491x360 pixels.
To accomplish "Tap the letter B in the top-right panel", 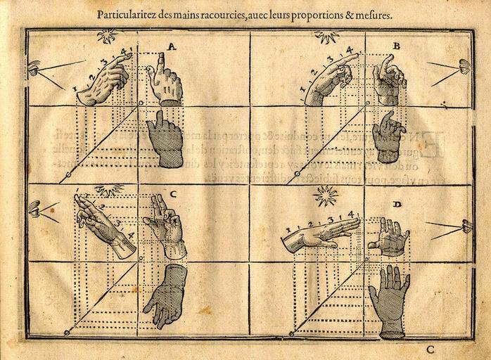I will [396, 46].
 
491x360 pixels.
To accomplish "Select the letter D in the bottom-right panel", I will [397, 205].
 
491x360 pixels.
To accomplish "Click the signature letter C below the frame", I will [430, 348].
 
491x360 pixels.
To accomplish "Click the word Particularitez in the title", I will [128, 13].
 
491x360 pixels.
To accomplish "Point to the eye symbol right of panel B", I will [462, 67].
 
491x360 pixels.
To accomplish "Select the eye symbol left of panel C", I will [33, 209].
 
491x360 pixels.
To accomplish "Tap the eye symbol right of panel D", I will [466, 226].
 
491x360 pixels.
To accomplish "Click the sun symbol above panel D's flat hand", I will [326, 196].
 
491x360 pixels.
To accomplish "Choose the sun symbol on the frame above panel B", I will [327, 35].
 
